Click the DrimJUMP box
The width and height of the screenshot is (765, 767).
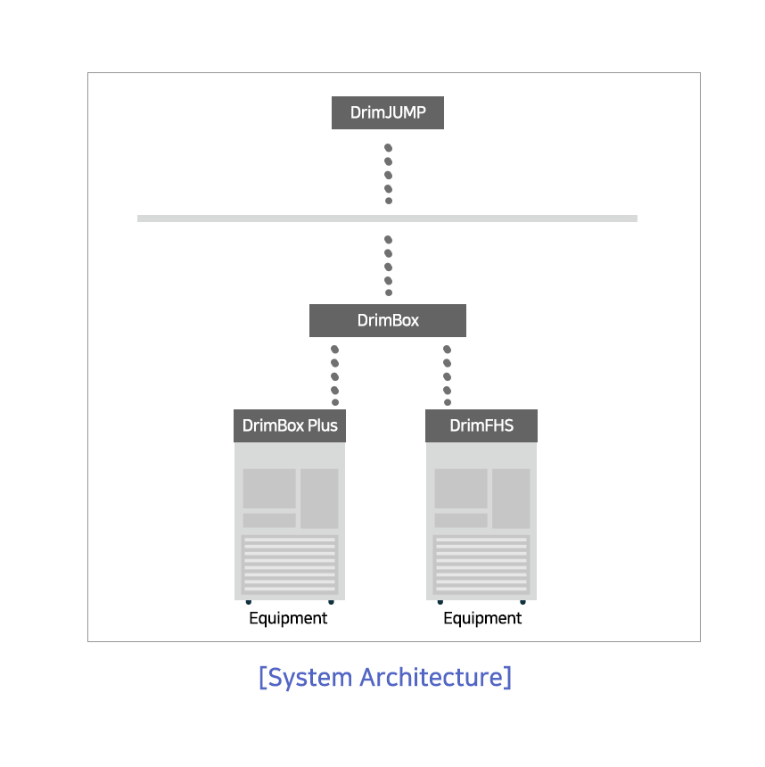(x=387, y=112)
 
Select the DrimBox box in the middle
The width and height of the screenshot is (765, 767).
(x=387, y=320)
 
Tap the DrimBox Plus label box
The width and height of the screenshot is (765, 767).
(x=290, y=425)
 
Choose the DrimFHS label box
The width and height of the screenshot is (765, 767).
(x=481, y=425)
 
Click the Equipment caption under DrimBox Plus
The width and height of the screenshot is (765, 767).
(x=288, y=618)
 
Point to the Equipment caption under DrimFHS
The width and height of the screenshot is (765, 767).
(x=482, y=618)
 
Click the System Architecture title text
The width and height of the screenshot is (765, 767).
(x=385, y=678)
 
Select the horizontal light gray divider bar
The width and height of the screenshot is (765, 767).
(x=387, y=219)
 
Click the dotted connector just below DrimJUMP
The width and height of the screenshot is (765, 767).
(x=389, y=174)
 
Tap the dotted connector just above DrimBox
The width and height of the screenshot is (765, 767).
(x=389, y=266)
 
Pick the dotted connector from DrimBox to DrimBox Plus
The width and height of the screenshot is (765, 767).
(x=335, y=375)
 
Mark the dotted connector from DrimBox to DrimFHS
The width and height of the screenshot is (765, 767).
(x=447, y=375)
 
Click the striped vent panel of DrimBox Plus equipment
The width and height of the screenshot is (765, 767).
(x=290, y=565)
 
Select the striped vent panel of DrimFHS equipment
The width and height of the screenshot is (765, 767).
(x=481, y=565)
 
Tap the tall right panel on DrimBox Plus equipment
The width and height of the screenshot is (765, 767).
(x=319, y=499)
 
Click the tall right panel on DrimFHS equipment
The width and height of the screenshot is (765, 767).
(x=511, y=499)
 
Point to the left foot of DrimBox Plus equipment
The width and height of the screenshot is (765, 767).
(x=249, y=602)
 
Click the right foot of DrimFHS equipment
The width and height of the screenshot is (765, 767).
(x=522, y=602)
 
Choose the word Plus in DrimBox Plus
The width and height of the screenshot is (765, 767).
(x=323, y=425)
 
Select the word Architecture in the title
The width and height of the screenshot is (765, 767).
(x=432, y=678)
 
